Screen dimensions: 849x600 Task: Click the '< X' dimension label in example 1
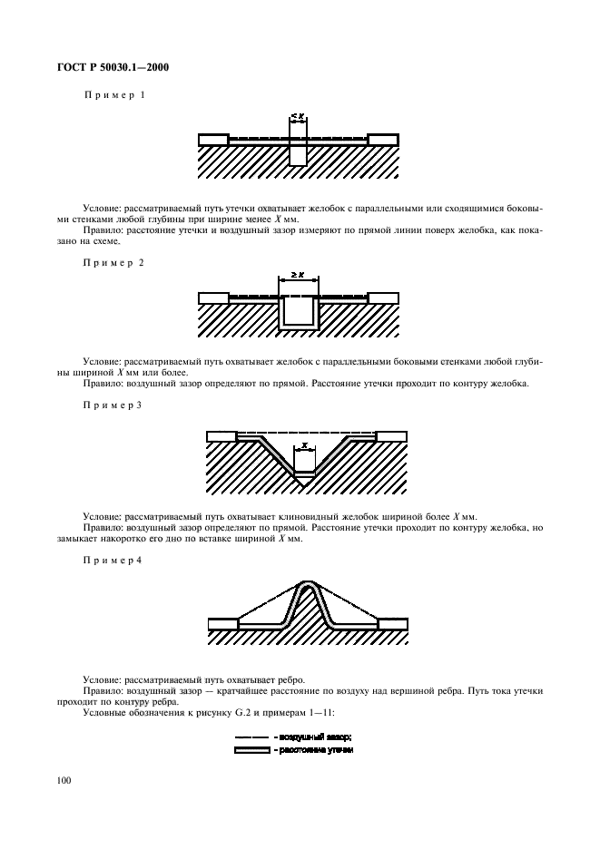click(x=298, y=117)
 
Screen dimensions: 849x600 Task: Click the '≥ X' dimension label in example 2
click(x=298, y=273)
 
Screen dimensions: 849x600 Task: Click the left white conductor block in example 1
click(x=213, y=140)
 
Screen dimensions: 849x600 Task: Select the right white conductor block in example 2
click(x=383, y=297)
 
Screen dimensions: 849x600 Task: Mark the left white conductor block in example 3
click(x=221, y=436)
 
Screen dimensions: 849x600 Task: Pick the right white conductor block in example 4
click(x=393, y=624)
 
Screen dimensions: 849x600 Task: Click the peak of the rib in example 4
click(x=308, y=583)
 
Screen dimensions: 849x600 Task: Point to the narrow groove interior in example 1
click(x=298, y=152)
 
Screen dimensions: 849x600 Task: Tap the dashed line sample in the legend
click(x=252, y=737)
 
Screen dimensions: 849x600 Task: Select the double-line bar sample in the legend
click(x=252, y=750)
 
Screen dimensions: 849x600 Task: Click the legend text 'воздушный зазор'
click(x=315, y=737)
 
